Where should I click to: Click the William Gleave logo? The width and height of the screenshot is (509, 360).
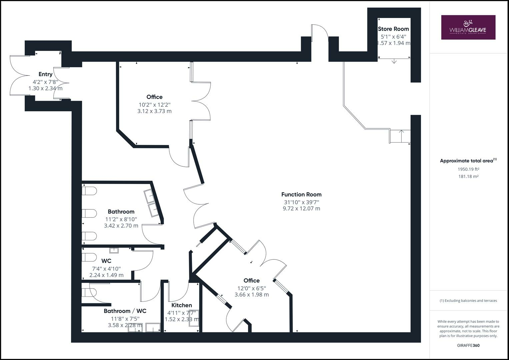click(468, 27)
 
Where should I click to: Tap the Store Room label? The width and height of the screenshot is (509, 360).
click(393, 29)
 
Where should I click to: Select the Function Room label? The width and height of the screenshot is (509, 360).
click(301, 194)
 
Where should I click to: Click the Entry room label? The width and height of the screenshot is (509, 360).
click(45, 74)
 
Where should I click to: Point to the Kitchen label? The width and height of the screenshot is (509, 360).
click(182, 305)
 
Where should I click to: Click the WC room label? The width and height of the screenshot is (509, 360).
click(106, 261)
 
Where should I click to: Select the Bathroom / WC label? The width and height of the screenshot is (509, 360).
click(125, 311)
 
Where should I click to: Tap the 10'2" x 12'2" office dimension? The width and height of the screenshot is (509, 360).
click(154, 104)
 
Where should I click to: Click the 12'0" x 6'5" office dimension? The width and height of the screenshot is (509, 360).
click(251, 288)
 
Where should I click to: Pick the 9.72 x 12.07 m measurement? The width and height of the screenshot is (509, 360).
click(301, 209)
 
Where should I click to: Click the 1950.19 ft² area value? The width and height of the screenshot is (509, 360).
click(468, 169)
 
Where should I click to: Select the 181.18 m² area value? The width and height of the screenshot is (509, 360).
click(468, 177)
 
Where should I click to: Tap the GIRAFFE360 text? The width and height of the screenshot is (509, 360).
click(468, 345)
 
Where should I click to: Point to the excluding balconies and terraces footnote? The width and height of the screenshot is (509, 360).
click(468, 301)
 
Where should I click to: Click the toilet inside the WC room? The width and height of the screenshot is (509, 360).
click(89, 258)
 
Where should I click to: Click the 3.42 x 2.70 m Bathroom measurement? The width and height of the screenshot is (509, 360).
click(121, 226)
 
